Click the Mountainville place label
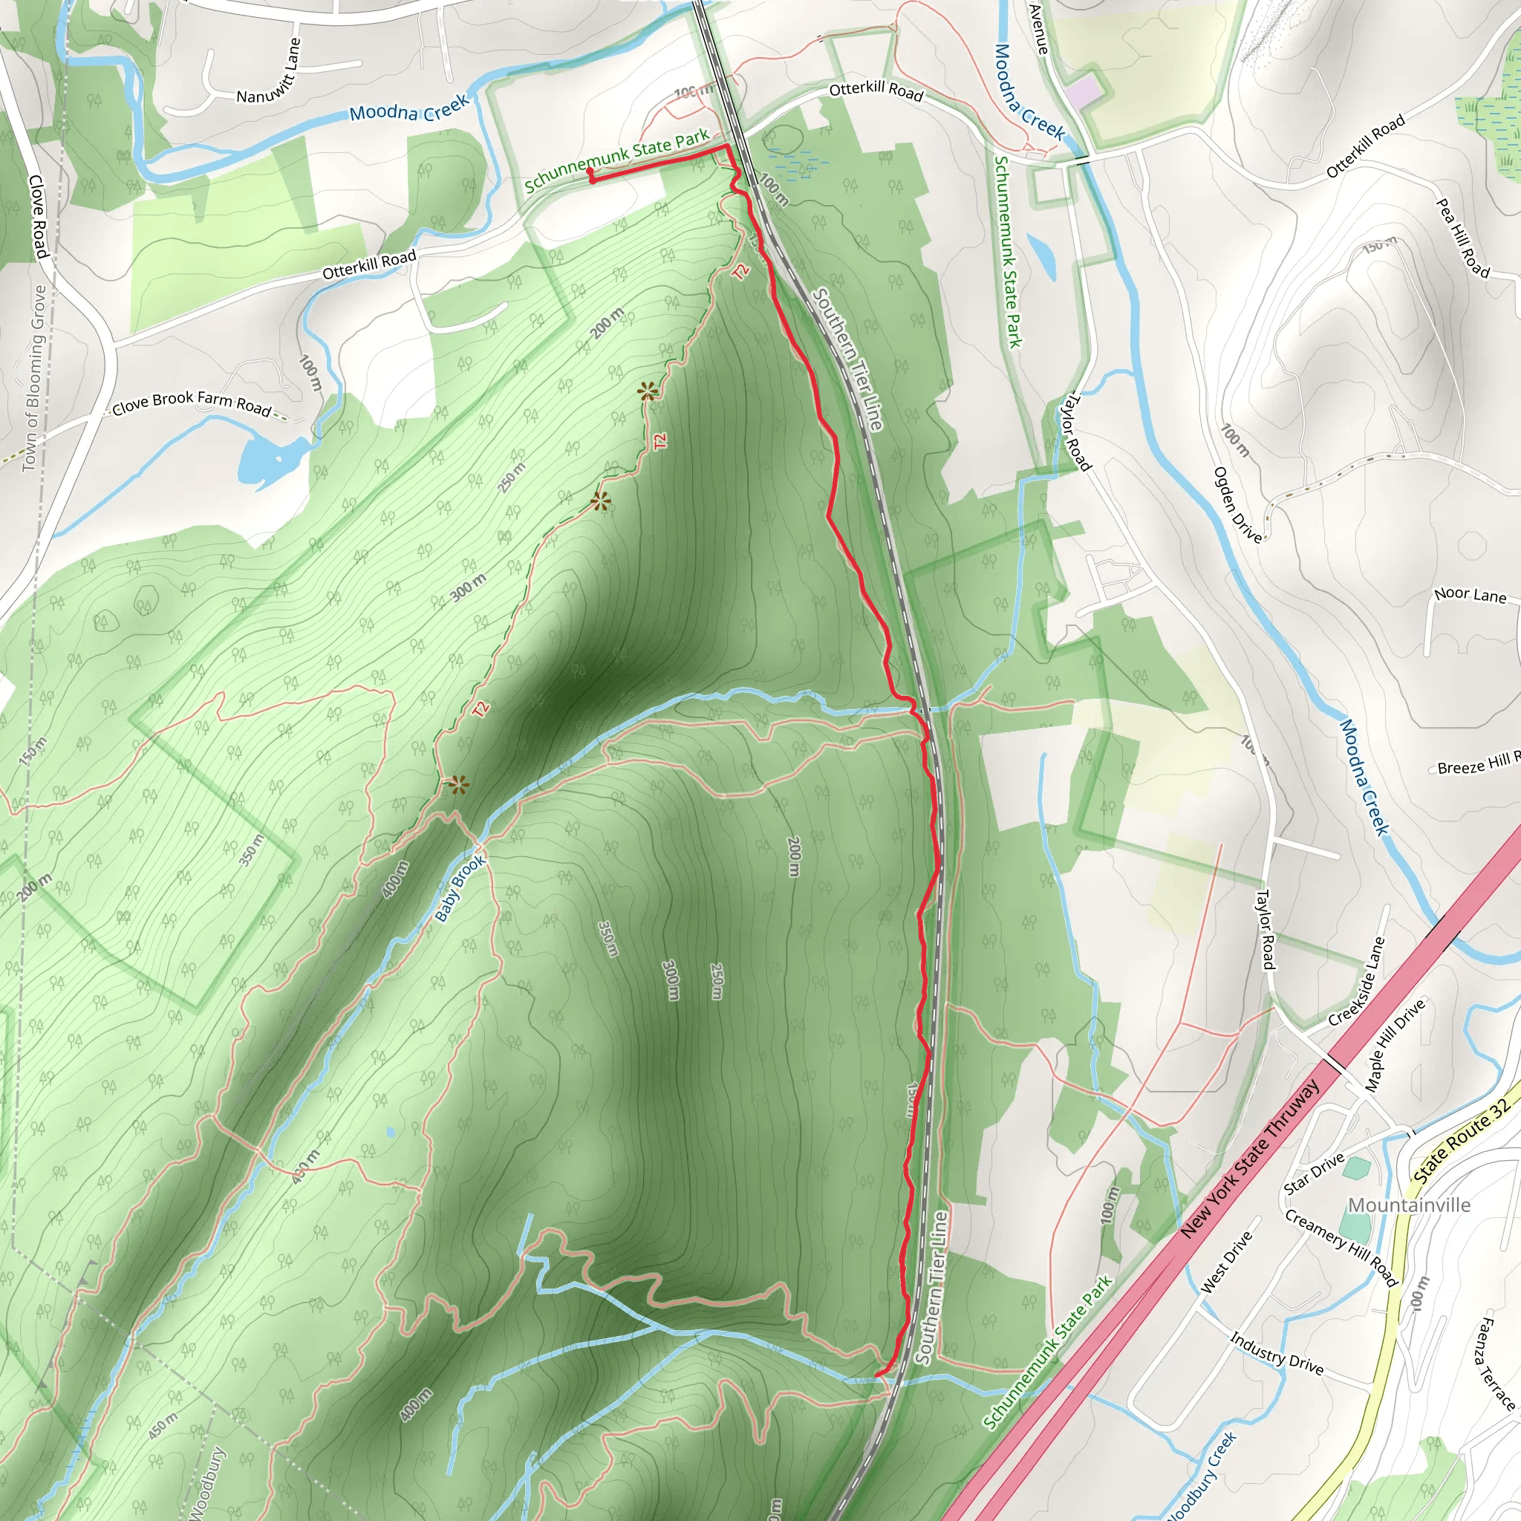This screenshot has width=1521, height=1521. click(1408, 1205)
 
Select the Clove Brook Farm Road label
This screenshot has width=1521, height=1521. click(192, 403)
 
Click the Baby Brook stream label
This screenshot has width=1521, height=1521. click(460, 889)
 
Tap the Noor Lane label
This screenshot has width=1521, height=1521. click(1470, 595)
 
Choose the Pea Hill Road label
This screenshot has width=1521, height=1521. click(1463, 238)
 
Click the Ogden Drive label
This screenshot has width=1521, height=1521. click(1237, 504)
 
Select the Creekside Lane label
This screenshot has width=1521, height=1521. click(1355, 982)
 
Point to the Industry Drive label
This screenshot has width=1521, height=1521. click(1276, 1352)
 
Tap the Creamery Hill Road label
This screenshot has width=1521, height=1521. click(1341, 1248)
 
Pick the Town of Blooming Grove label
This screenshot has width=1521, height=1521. click(34, 379)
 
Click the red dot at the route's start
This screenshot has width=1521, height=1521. click(590, 171)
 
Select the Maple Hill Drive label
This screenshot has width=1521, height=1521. click(1394, 1045)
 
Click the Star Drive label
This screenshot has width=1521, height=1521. click(1314, 1174)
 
